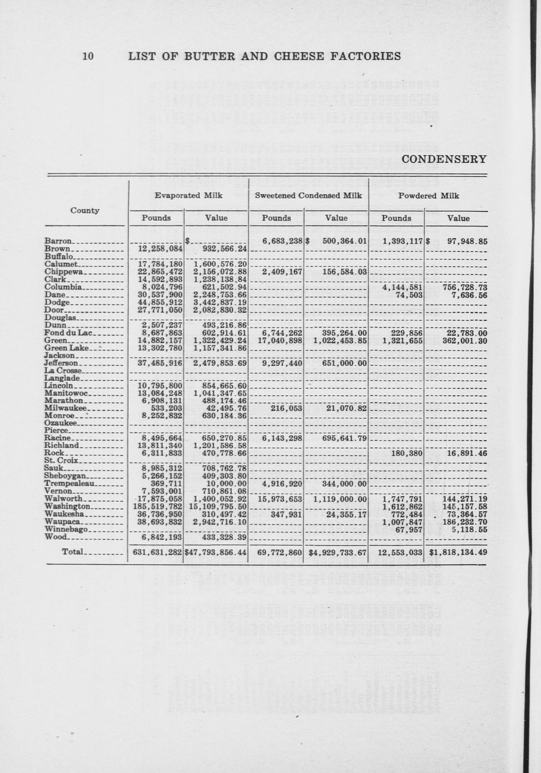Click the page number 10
coord(88,56)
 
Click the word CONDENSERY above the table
coord(444,159)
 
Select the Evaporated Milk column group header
coord(189,196)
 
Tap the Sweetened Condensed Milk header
coord(308,196)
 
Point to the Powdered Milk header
coord(428,196)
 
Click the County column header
coord(85,211)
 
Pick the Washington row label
coord(67,506)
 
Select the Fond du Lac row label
coord(66,333)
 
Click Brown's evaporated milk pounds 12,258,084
coord(160,249)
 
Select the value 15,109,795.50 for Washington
coord(216,506)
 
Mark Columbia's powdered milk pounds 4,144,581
coord(402,287)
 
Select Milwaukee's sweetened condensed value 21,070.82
coord(346,408)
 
